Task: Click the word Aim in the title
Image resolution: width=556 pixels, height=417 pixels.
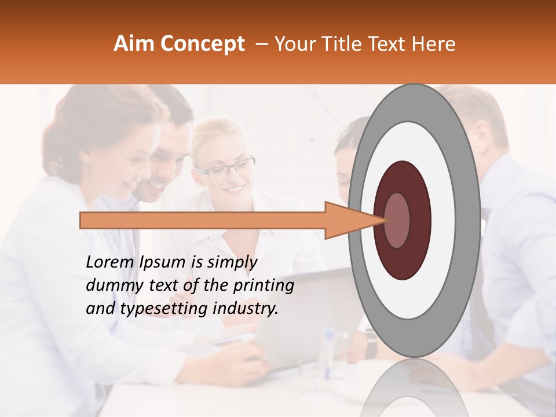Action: point(133,44)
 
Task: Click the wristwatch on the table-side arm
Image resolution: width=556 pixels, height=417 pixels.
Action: point(371,343)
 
